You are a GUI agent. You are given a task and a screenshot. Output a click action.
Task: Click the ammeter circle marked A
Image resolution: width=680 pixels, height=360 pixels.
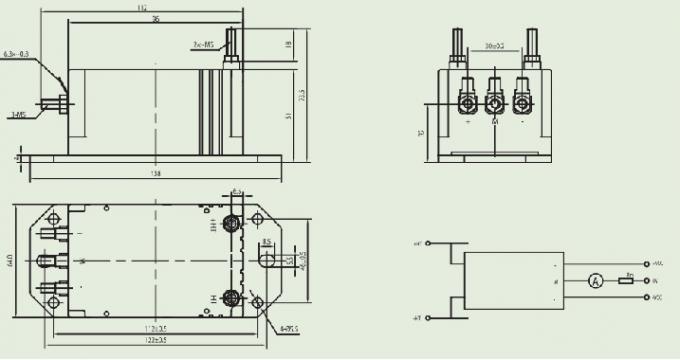(x=593, y=281)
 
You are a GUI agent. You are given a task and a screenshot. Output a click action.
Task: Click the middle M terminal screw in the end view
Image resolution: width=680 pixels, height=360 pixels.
(x=494, y=103)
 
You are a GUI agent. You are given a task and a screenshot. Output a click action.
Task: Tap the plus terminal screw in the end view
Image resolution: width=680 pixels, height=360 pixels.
(x=467, y=103)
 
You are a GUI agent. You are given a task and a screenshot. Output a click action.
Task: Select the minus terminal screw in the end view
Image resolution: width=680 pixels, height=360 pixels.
(x=521, y=103)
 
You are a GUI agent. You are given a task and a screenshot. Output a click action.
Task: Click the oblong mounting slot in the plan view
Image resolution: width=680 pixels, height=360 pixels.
(x=266, y=259)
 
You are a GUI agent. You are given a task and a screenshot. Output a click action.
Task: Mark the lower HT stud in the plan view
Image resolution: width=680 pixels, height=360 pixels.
(x=231, y=297)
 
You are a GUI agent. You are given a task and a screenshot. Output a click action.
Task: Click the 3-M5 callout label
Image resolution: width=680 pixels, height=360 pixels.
(x=18, y=116)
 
